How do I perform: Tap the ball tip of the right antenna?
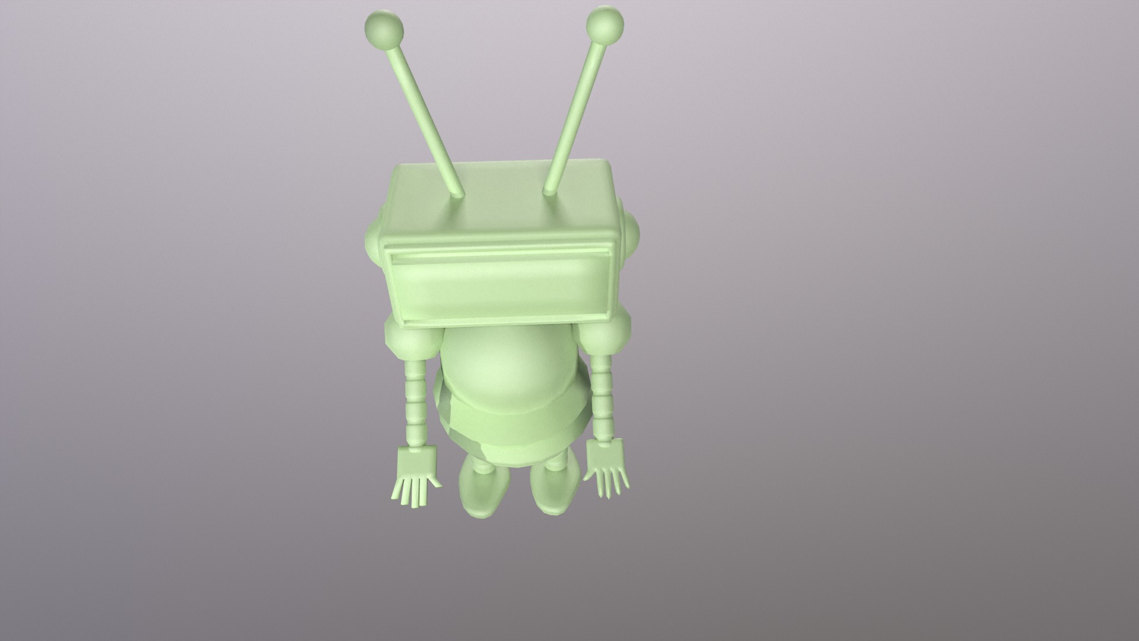pyautogui.click(x=605, y=24)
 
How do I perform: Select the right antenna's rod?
pyautogui.click(x=577, y=107)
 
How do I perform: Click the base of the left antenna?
pyautogui.click(x=458, y=194)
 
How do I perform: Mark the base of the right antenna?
pyautogui.click(x=549, y=191)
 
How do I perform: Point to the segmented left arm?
pyautogui.click(x=415, y=404)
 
